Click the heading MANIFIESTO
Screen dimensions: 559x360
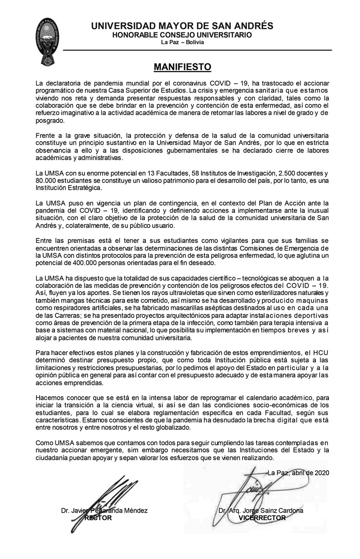pos(182,67)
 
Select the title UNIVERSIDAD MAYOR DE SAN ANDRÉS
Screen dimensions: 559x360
pos(182,26)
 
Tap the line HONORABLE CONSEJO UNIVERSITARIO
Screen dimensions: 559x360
pos(182,35)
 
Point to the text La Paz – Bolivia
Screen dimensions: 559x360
pos(182,42)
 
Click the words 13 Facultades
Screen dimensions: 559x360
pos(139,173)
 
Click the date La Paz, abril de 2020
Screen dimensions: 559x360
pos(298,473)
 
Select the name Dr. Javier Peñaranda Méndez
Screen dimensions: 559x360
pos(104,511)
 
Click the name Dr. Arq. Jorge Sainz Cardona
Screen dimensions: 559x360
pos(261,511)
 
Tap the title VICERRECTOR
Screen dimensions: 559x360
pos(262,518)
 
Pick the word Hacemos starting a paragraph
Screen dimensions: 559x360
pos(50,398)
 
